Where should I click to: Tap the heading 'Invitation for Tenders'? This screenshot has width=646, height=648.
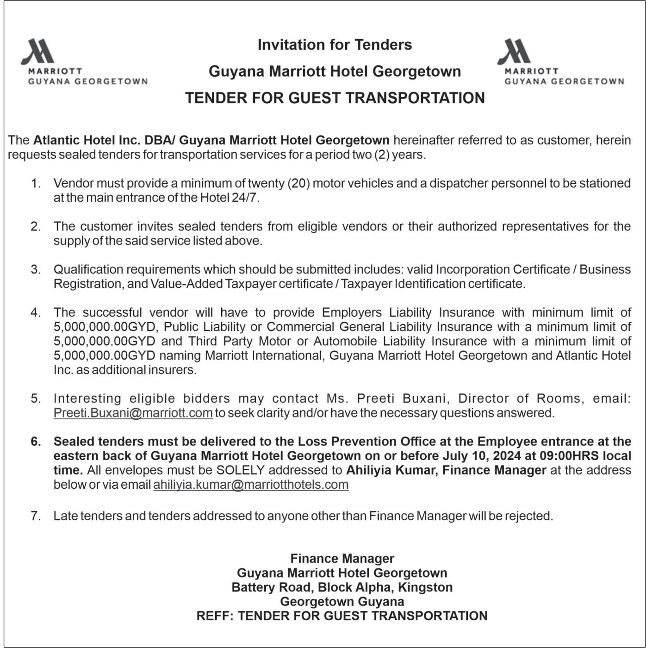coord(335,45)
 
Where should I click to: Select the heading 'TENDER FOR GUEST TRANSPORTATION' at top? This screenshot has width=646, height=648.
coord(335,98)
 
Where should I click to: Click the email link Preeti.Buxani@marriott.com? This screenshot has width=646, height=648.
coord(133,413)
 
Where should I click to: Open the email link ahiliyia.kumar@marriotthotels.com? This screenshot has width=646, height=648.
coord(251,485)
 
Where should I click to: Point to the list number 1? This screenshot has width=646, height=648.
coord(36,184)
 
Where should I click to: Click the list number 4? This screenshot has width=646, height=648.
coord(36,313)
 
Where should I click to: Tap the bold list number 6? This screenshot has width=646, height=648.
coord(36,442)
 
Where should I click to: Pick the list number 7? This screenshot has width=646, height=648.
coord(36,516)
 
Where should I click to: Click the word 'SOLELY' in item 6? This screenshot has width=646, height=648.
coord(240,470)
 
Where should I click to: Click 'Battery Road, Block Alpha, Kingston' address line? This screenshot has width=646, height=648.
coord(342,587)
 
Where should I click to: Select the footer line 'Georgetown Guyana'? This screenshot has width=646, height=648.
coord(342,602)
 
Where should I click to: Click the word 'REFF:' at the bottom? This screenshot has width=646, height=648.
coord(215,616)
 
